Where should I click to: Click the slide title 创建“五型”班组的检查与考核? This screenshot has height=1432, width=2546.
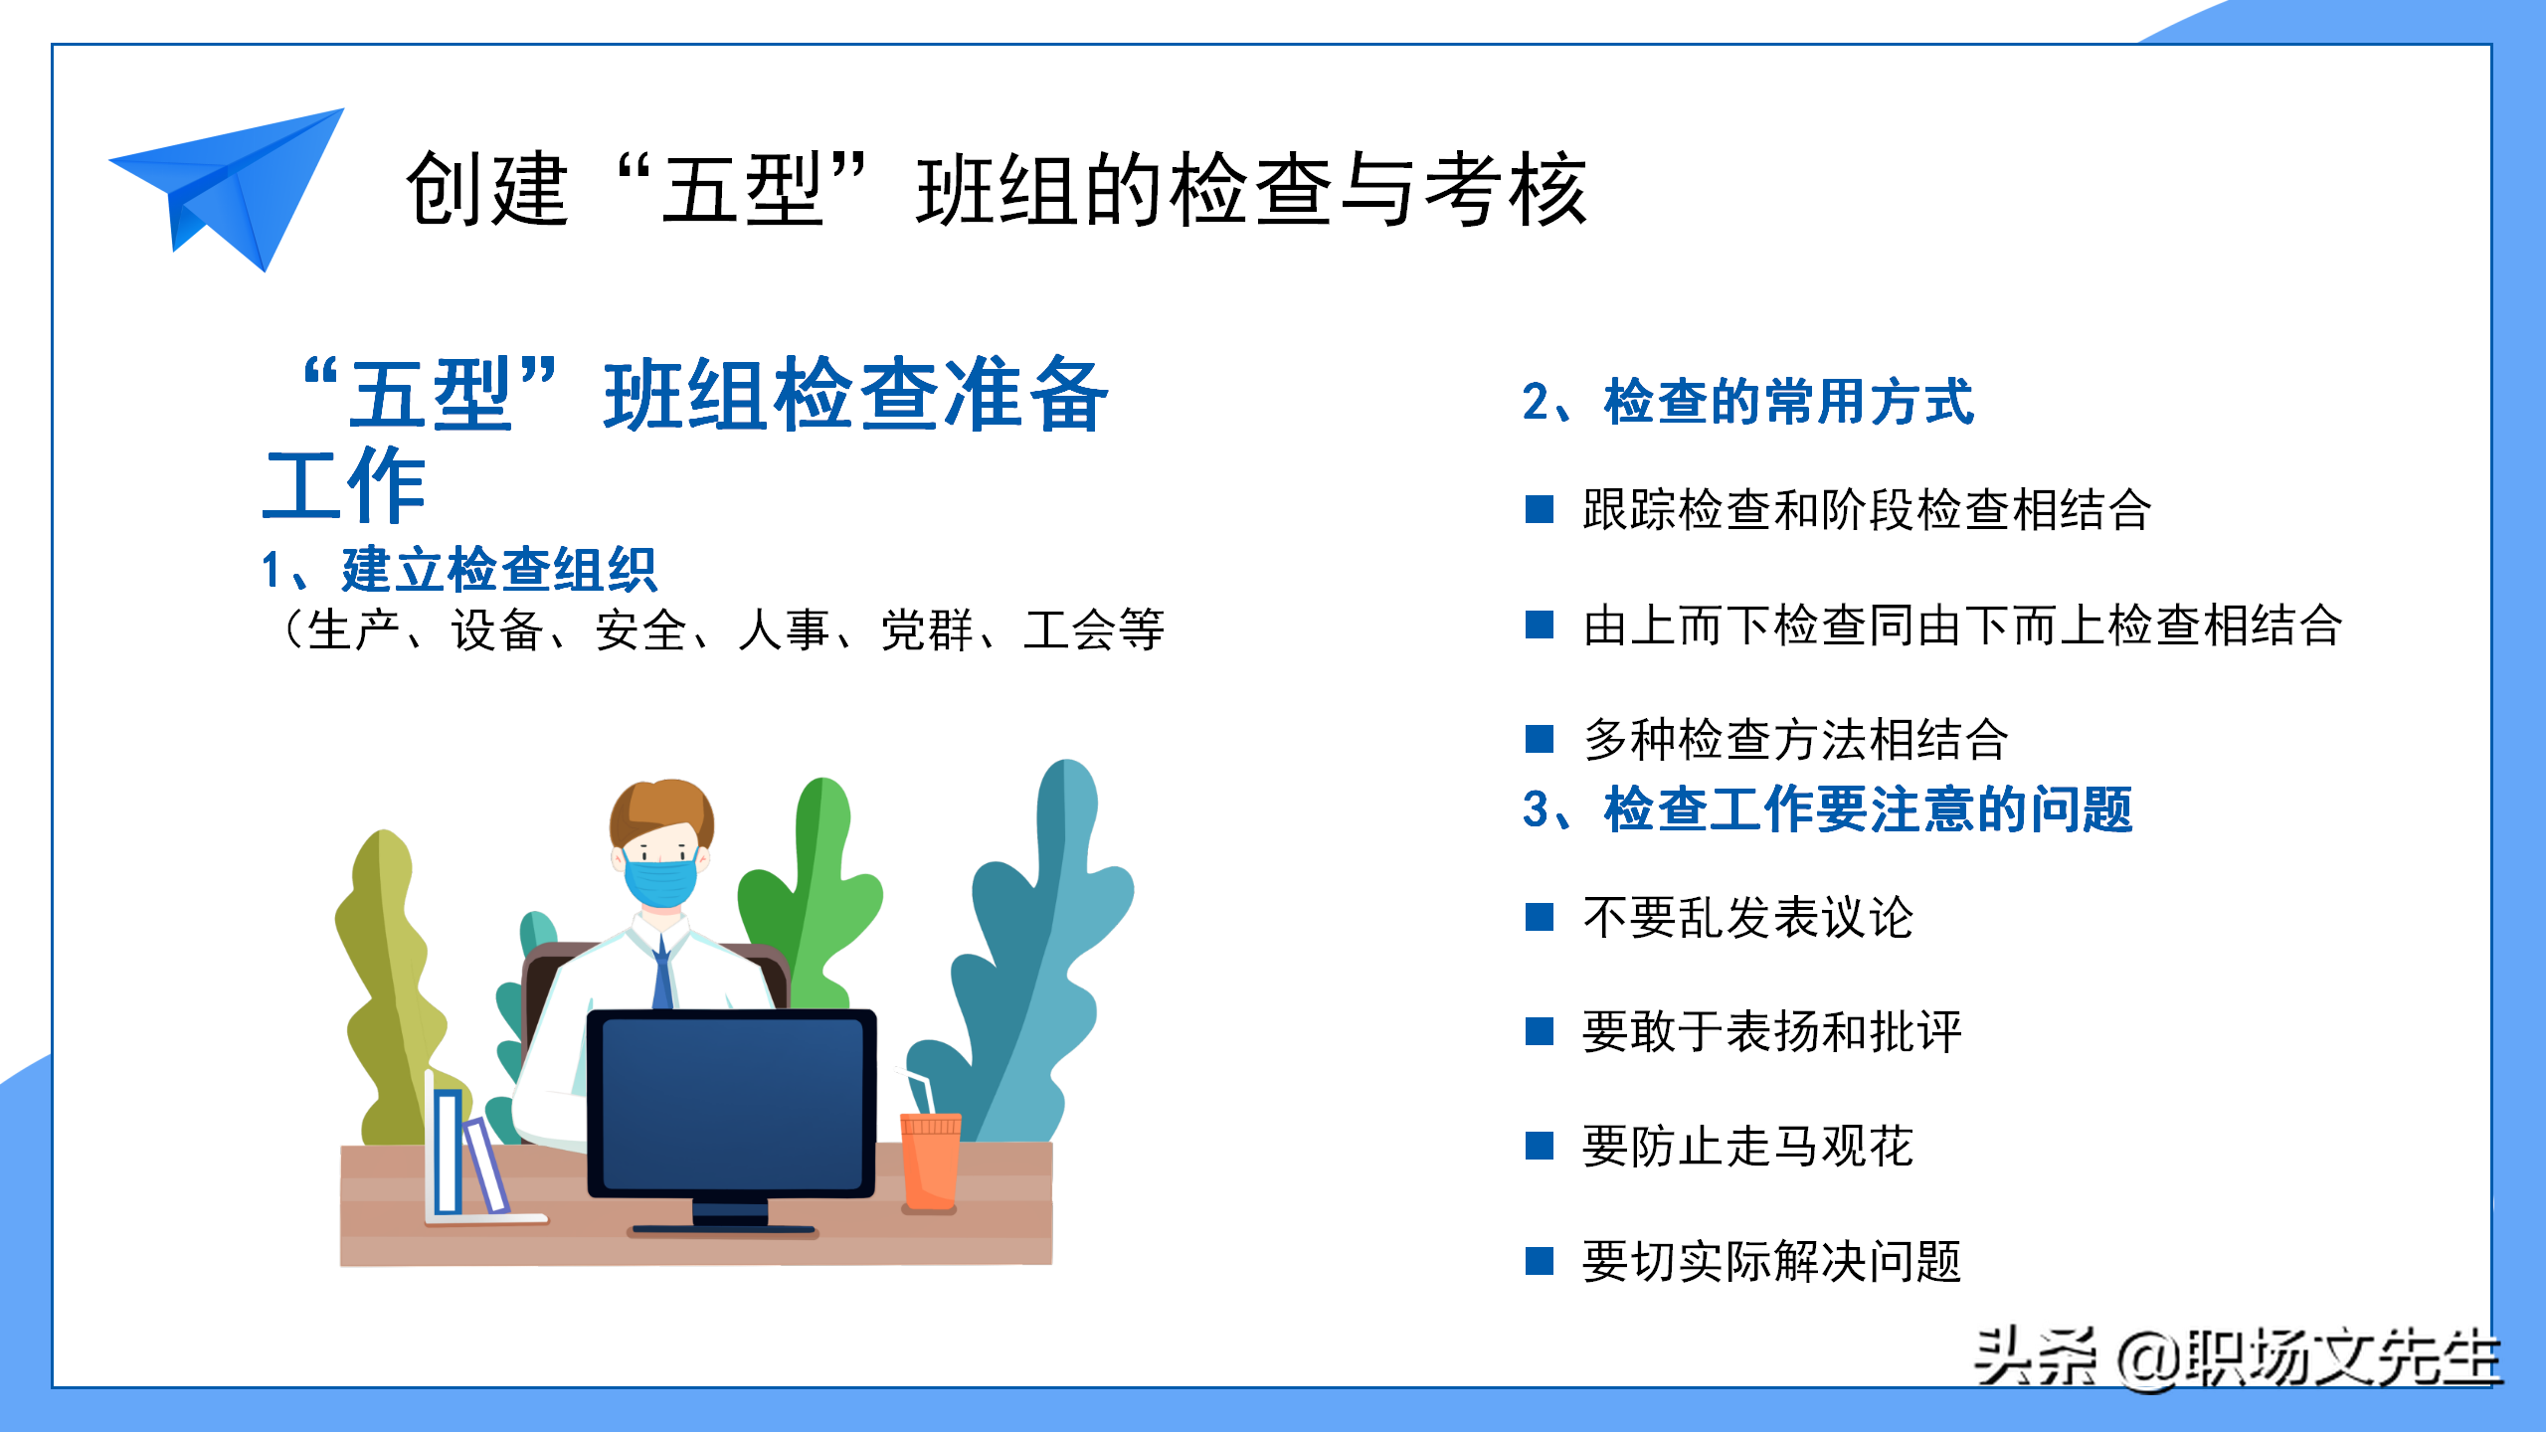pos(996,189)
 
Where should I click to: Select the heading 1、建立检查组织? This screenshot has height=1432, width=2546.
pos(458,570)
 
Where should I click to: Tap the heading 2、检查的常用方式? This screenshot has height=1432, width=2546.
pos(1747,402)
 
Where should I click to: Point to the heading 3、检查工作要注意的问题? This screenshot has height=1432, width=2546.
pos(1827,808)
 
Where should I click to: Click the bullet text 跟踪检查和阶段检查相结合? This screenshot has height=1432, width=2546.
pos(1867,509)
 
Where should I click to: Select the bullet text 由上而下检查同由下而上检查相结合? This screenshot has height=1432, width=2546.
pos(1962,626)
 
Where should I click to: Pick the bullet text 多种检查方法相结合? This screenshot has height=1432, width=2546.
pos(1795,740)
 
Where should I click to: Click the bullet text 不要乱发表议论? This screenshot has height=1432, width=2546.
pos(1747,917)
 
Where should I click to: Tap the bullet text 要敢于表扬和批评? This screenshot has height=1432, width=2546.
pos(1771,1031)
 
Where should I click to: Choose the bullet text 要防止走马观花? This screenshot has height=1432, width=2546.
pos(1747,1146)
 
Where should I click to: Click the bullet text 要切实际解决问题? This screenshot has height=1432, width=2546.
pos(1771,1261)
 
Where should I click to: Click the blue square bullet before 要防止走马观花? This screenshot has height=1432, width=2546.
pos(1540,1147)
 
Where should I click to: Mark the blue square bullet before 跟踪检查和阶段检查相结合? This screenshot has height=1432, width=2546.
pos(1540,509)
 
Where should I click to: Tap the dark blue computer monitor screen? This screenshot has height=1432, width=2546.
pos(732,1103)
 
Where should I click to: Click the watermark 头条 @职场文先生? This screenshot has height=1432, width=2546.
pos(2237,1357)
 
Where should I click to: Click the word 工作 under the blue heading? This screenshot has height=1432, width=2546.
pos(345,484)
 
